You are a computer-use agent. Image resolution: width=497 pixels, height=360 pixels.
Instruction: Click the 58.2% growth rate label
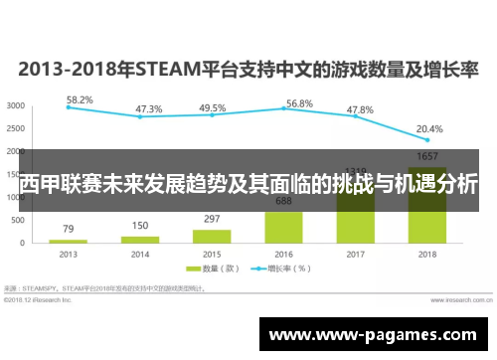(x=80, y=99)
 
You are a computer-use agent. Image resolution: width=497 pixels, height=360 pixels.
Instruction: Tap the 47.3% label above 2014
(x=149, y=108)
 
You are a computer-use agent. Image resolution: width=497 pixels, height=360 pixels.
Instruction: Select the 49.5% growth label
(x=212, y=107)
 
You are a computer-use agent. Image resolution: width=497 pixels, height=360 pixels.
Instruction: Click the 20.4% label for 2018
(x=428, y=128)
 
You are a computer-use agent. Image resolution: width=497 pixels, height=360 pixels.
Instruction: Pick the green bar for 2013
(x=68, y=241)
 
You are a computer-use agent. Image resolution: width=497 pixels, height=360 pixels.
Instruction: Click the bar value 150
(x=140, y=226)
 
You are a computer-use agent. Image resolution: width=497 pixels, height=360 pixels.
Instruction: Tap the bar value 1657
(x=428, y=157)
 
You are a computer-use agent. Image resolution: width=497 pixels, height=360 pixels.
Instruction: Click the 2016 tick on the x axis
(x=284, y=254)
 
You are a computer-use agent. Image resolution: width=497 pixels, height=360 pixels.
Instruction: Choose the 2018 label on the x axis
(x=428, y=254)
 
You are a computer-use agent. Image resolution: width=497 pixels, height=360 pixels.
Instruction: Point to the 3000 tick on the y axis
(x=16, y=105)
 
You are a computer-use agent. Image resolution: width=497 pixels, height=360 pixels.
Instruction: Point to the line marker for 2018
(x=428, y=140)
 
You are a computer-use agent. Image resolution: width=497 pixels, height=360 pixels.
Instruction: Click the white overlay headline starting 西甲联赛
(x=248, y=183)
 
